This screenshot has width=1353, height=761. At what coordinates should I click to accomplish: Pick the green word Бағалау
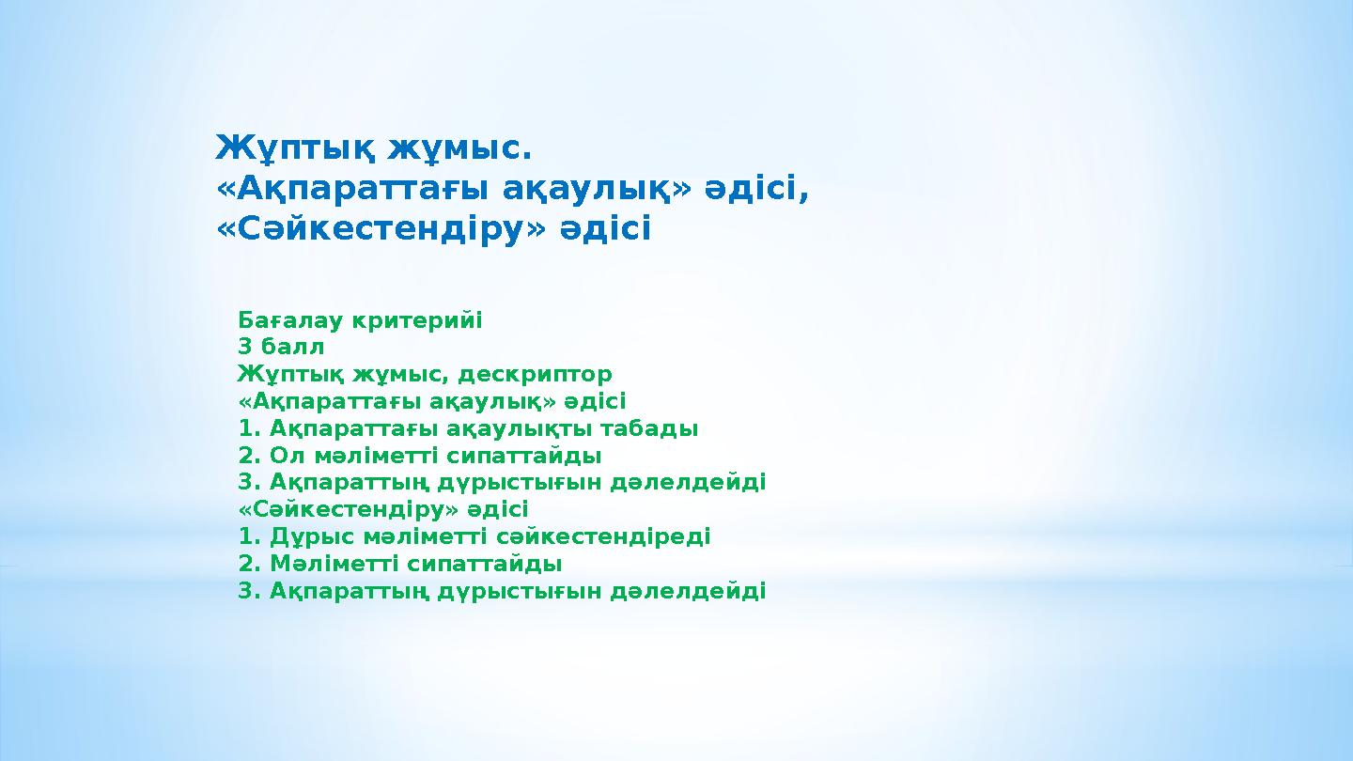(290, 320)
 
